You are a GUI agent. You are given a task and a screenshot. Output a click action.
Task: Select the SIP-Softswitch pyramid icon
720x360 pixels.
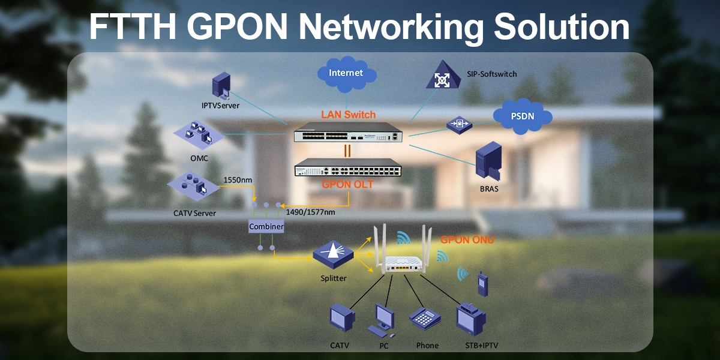(x=443, y=76)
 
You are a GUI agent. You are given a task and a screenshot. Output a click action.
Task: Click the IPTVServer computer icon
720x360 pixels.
(x=221, y=86)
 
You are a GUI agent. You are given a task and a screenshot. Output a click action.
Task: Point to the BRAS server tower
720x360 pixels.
(x=488, y=161)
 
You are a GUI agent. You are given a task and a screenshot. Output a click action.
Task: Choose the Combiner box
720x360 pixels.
(x=266, y=227)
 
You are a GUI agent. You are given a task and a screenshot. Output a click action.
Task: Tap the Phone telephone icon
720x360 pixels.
(x=425, y=319)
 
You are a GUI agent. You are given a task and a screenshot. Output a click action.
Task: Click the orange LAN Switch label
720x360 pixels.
(x=348, y=114)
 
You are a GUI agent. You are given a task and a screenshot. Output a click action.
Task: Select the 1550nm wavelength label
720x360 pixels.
(x=238, y=179)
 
